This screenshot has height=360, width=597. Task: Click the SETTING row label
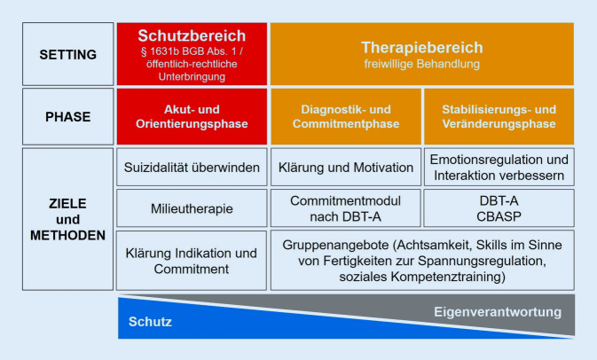[x=67, y=54]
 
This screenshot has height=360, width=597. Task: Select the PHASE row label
[x=67, y=116]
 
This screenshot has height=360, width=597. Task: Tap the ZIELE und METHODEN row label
[x=67, y=219]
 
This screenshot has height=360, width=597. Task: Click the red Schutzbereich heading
[x=191, y=37]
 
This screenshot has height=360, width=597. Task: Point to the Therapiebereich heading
[x=421, y=46]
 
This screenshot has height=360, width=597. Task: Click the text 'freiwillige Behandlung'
[x=421, y=64]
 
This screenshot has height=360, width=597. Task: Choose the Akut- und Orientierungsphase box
[x=191, y=116]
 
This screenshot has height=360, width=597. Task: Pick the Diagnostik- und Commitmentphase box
[x=345, y=116]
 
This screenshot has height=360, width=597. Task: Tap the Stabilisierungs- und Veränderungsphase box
[x=499, y=116]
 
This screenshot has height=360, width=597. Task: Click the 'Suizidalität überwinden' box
[x=191, y=167]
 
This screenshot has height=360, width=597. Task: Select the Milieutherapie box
[x=191, y=208]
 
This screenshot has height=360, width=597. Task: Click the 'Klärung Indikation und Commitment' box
[x=191, y=261]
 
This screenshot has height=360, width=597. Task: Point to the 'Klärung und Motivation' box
[x=345, y=167]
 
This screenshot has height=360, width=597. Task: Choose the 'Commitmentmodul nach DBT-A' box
[x=345, y=208]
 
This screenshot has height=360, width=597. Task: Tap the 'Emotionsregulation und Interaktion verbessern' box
[x=499, y=167]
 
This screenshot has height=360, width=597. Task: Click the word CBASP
[x=499, y=215]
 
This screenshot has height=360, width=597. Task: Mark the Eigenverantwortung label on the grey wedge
[x=497, y=312]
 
